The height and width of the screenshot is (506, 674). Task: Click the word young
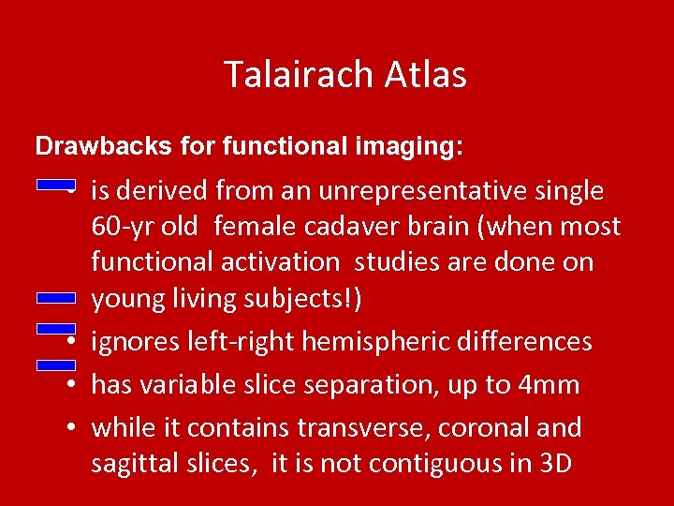[128, 299]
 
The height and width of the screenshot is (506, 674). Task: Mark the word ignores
[134, 342]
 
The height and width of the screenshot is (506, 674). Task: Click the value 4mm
[551, 385]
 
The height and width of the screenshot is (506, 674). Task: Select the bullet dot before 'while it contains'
[71, 428]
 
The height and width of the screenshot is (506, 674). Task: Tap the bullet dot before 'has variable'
[71, 385]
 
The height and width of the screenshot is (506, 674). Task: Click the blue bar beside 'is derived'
[55, 186]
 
